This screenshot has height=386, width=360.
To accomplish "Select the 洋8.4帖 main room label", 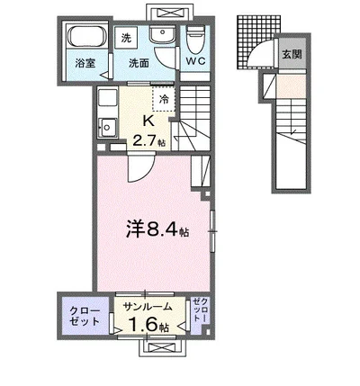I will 154,229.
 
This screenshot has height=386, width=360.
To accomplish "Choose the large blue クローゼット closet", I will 85,317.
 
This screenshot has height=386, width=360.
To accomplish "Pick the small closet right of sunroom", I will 200,314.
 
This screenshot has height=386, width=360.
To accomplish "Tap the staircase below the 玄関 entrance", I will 292,135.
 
